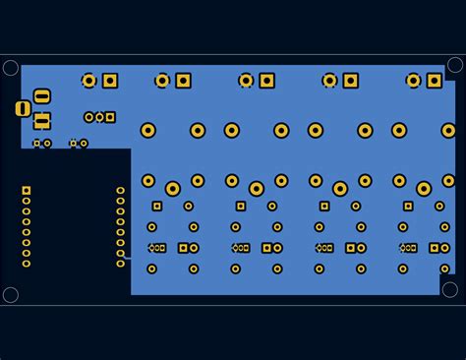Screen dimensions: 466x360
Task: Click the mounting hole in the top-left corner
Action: point(11,68)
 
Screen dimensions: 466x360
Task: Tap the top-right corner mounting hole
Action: point(455,65)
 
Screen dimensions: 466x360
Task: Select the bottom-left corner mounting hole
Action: point(11,294)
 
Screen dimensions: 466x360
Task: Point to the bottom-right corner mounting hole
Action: point(450,289)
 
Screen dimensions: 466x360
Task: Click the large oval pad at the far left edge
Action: point(23,108)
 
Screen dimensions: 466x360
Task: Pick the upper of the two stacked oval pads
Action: point(42,95)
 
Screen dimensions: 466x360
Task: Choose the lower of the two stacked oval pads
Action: point(42,121)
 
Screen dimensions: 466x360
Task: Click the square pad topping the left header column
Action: point(27,190)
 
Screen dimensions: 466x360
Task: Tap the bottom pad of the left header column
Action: point(27,264)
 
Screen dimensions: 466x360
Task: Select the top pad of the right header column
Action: point(121,190)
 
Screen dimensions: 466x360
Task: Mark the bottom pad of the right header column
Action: point(121,264)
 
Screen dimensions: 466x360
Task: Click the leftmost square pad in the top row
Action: point(110,81)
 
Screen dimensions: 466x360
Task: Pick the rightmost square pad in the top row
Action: point(435,81)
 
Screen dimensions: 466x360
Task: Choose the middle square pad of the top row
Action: point(267,81)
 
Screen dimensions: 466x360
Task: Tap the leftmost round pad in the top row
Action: point(89,81)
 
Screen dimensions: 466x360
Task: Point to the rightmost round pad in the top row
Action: point(414,81)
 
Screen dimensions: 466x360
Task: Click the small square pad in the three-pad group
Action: point(110,117)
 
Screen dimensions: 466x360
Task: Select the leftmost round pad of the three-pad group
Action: point(89,117)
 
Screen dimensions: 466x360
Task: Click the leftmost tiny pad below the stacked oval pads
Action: point(37,144)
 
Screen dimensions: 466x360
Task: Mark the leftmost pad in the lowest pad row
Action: point(151,269)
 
